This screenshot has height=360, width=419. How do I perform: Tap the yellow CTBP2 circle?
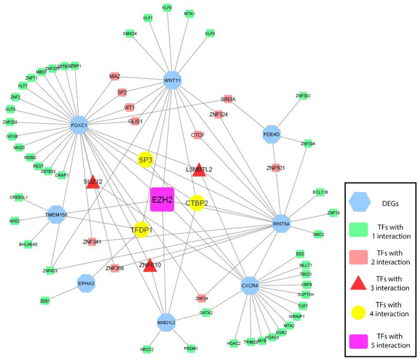pos(197,203)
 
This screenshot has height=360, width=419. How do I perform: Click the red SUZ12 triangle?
pos(93,182)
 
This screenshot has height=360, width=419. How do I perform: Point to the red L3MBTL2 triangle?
pos(199,168)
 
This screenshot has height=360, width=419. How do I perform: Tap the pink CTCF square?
pos(198,135)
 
